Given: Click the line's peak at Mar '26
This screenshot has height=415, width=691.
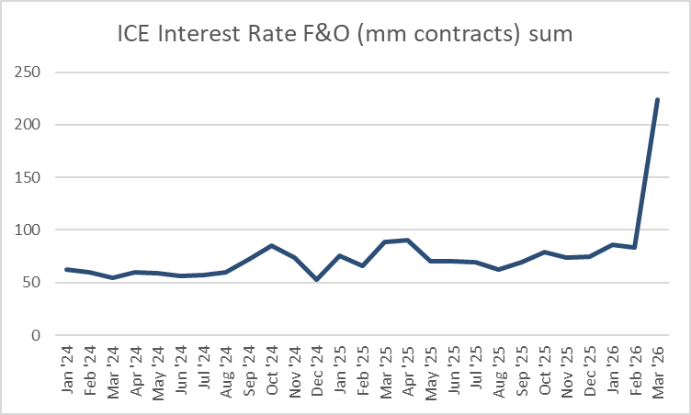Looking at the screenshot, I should tap(657, 99).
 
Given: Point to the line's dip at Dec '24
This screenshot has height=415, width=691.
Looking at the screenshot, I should tap(317, 279).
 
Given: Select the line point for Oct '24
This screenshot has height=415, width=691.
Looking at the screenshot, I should tap(271, 246).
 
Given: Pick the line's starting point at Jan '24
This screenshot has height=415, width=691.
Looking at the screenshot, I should tap(67, 269).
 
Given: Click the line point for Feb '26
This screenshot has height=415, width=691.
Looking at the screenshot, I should tap(634, 247).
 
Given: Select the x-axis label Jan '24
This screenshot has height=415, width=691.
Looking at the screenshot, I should tap(67, 372).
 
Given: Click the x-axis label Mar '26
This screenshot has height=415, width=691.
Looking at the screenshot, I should tap(657, 372).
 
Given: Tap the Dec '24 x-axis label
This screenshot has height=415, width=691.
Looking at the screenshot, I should tap(317, 372).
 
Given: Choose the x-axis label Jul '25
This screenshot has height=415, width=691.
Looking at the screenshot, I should tap(475, 372).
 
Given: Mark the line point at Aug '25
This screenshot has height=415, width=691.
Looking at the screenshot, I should tap(498, 269).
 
